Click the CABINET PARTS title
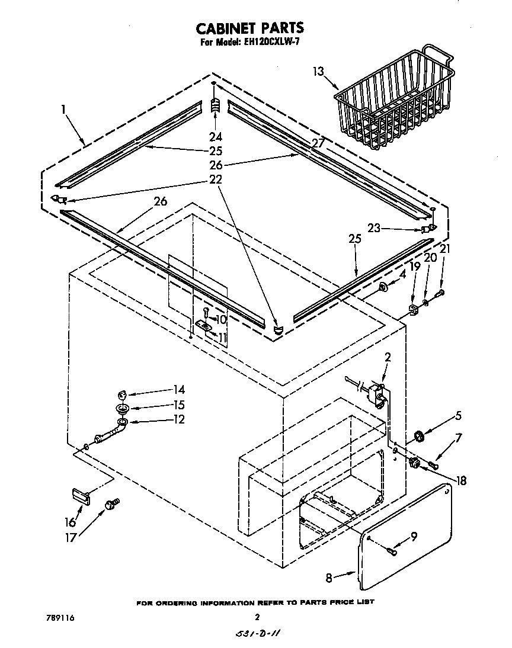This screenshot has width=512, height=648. click(249, 27)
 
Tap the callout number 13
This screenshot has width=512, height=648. click(319, 72)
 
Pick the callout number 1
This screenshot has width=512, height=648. click(63, 109)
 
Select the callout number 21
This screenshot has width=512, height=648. click(444, 249)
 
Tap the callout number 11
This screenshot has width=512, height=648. click(222, 338)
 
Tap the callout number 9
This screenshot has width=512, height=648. click(414, 537)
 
